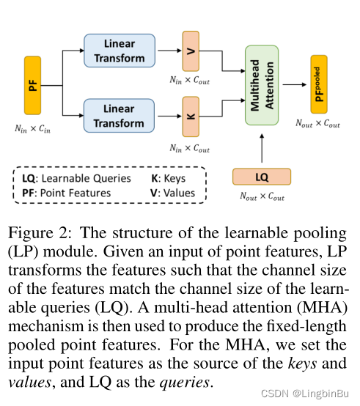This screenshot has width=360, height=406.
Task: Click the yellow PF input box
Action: (33, 85)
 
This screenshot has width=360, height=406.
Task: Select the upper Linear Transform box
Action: (119, 51)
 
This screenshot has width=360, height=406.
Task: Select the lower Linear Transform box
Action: (119, 116)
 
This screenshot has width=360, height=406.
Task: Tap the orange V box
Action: (191, 51)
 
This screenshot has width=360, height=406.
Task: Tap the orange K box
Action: (191, 117)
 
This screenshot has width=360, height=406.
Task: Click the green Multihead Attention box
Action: (262, 85)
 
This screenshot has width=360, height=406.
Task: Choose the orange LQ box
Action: (262, 177)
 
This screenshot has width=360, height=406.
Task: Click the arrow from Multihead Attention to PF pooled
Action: (293, 84)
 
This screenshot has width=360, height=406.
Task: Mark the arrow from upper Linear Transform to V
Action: (168, 51)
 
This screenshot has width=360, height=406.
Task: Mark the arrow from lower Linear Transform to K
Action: (168, 117)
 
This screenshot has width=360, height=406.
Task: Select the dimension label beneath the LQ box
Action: (262, 196)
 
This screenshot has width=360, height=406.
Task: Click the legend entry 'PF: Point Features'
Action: (66, 193)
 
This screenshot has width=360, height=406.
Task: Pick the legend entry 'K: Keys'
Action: (168, 178)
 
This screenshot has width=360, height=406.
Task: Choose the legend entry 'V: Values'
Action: (173, 193)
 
